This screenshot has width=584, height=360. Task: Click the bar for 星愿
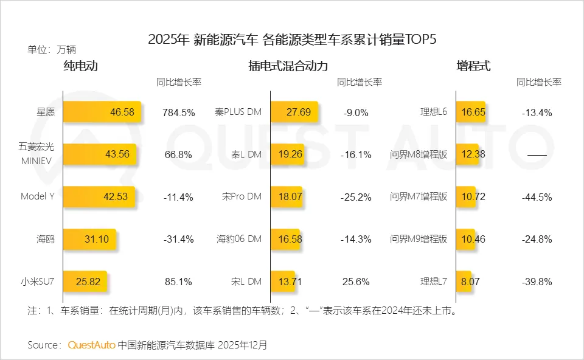click(x=102, y=112)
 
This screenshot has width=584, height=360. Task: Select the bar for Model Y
click(x=99, y=196)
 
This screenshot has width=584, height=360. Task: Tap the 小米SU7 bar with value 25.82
click(x=85, y=282)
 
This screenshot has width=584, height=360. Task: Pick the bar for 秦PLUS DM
click(x=294, y=112)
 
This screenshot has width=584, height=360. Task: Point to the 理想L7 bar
click(x=463, y=282)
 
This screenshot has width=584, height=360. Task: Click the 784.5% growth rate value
click(x=178, y=112)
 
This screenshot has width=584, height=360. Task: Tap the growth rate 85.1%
click(x=178, y=282)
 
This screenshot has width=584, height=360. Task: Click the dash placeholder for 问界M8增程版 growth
click(x=537, y=155)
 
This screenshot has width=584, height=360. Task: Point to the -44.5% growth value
click(x=537, y=197)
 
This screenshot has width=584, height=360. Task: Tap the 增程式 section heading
click(x=473, y=66)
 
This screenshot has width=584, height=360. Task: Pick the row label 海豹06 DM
click(x=239, y=239)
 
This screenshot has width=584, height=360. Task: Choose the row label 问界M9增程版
click(x=419, y=239)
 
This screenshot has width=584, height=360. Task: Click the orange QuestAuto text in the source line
click(x=91, y=345)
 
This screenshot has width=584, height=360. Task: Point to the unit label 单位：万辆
click(x=52, y=50)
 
